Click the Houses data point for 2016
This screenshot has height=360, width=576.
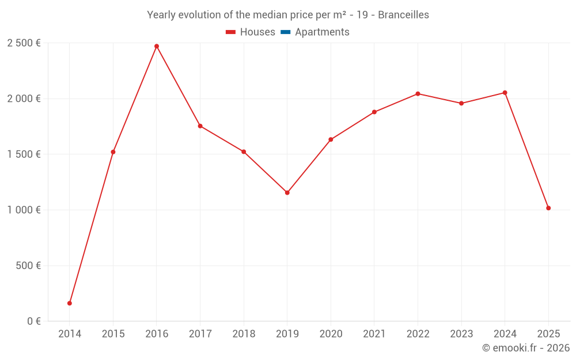[157, 46]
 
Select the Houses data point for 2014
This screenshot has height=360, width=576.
[70, 303]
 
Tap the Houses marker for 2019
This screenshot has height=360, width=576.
[287, 192]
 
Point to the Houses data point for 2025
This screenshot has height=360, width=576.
[548, 208]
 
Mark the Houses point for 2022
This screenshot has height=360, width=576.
[418, 94]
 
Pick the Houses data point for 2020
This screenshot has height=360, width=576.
[331, 139]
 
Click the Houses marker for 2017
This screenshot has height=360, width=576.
[200, 126]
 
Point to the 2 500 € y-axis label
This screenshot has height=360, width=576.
[24, 43]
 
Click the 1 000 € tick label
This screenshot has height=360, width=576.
[24, 210]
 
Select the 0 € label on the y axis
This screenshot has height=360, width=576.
[32, 321]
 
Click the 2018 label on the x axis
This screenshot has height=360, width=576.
[244, 334]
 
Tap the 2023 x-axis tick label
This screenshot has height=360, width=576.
[461, 334]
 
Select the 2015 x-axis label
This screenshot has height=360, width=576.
[113, 334]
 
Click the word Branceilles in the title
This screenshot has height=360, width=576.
[403, 15]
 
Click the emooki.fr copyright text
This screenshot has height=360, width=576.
[526, 348]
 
